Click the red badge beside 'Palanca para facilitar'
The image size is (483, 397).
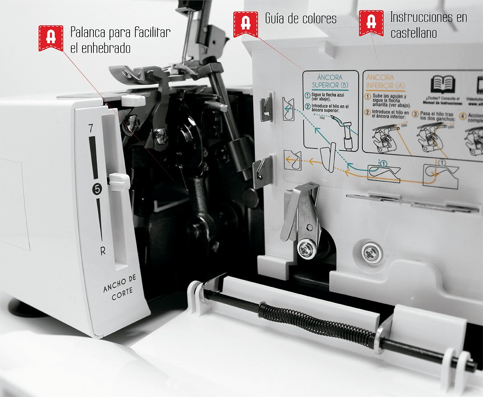tap(51, 38)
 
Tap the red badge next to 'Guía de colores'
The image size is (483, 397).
tap(246, 24)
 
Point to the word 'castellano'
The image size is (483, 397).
tap(413, 33)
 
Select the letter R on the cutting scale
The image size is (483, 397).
tap(103, 251)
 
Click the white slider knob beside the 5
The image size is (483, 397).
tap(119, 182)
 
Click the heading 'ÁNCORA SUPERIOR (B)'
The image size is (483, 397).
tap(330, 81)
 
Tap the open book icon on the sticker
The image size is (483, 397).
tap(442, 85)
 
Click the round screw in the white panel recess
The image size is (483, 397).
tap(371, 253)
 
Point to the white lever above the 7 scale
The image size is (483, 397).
tap(133, 100)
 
